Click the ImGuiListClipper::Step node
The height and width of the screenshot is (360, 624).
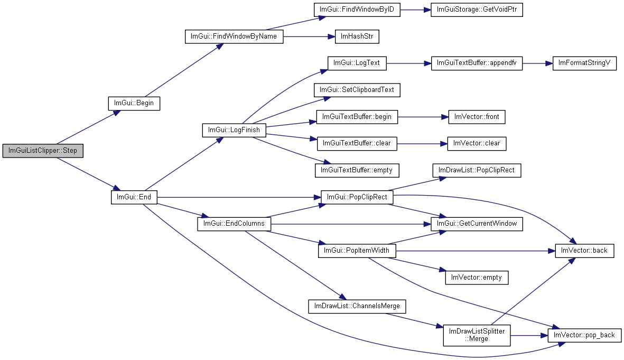(43, 151)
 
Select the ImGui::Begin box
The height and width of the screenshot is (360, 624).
(134, 103)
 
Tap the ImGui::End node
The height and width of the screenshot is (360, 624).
(134, 197)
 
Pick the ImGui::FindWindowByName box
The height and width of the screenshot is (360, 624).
(234, 37)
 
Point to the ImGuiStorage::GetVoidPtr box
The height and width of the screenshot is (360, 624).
(477, 10)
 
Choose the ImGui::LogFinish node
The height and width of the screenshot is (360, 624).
(234, 130)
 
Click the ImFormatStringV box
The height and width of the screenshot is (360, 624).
(584, 63)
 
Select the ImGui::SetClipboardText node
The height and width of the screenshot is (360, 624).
(357, 90)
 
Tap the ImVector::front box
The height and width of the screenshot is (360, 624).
(477, 117)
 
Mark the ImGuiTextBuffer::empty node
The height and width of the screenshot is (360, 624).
(357, 170)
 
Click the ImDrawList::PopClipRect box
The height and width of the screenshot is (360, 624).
(477, 170)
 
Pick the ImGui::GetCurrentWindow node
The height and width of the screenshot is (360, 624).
(477, 224)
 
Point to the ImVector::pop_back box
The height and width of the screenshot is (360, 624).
(584, 335)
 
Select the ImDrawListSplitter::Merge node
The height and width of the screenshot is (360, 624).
(477, 335)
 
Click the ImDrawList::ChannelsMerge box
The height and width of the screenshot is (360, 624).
(357, 306)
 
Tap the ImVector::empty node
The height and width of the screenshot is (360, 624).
(477, 278)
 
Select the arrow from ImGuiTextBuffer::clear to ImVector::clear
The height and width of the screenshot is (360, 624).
(422, 143)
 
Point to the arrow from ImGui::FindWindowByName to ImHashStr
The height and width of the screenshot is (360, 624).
(310, 37)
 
